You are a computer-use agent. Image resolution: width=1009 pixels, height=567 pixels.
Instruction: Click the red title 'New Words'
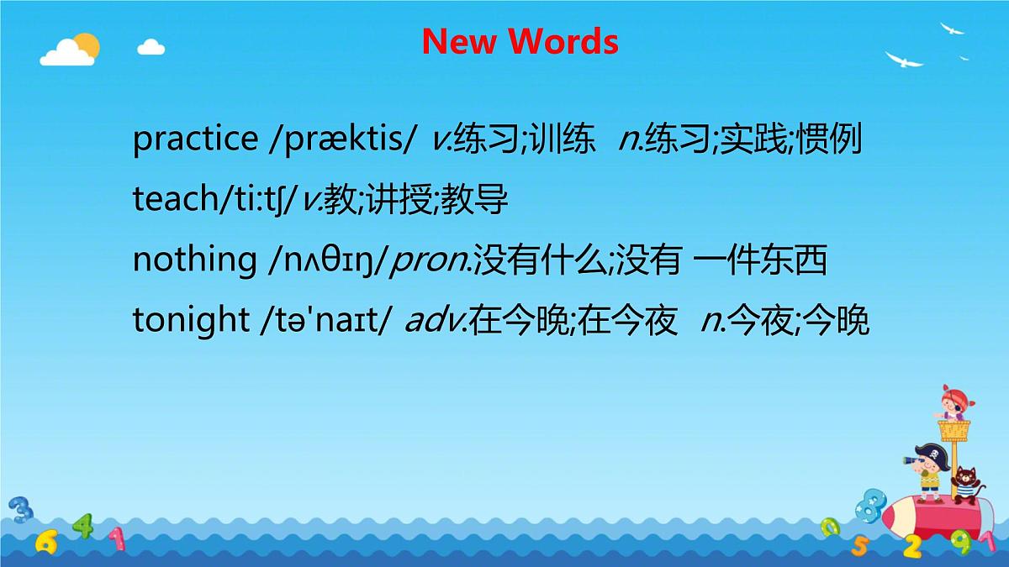(520, 41)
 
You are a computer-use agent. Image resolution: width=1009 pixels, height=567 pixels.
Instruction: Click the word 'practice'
(195, 139)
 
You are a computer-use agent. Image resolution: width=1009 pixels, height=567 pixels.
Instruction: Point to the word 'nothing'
(194, 260)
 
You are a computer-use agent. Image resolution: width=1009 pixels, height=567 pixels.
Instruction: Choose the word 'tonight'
(190, 321)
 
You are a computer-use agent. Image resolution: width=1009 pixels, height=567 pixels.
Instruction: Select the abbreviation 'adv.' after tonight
(436, 321)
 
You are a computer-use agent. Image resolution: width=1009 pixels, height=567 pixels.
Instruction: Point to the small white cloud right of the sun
(151, 46)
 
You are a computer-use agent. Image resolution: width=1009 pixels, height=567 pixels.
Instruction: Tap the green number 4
(82, 526)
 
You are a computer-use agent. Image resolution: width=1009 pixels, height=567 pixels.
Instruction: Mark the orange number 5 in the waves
(860, 547)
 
